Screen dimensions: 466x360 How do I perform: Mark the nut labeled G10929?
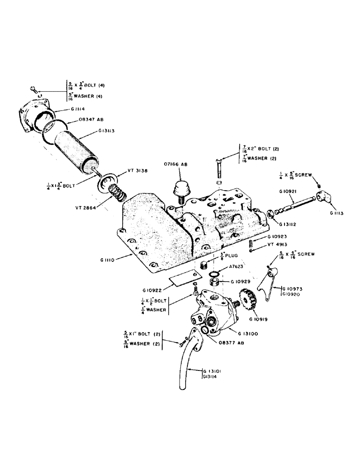(215, 283)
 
